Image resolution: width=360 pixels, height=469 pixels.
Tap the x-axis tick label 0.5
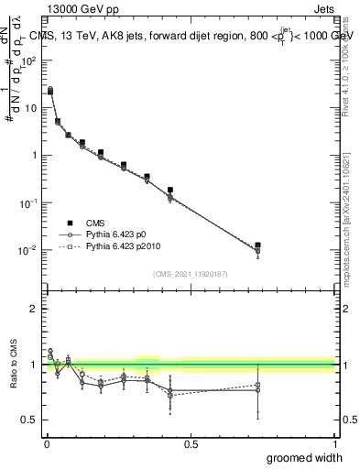(190, 442)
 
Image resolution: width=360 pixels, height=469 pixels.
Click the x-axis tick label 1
(333, 442)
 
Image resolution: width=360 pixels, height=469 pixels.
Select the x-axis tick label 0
(46, 442)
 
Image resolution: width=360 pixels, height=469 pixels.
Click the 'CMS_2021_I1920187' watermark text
(190, 273)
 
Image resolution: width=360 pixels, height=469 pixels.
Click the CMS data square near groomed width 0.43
(170, 191)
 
